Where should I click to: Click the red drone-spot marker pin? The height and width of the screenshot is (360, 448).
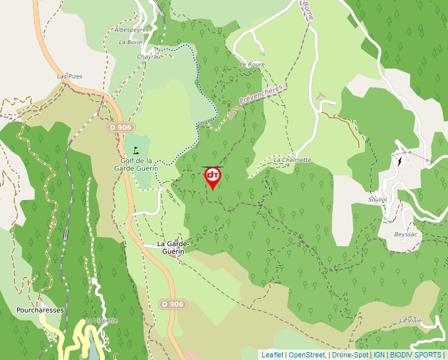point(213,176)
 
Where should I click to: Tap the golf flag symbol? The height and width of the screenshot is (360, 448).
point(136,150)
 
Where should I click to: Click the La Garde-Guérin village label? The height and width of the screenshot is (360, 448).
point(173,247)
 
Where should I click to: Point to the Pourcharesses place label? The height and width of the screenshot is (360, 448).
point(40,309)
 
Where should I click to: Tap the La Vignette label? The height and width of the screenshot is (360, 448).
point(101,321)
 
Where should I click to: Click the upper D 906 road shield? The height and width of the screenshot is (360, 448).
point(121,126)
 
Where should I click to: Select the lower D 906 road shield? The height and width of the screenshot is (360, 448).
point(172,303)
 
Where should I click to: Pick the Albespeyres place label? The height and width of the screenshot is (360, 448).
point(132,30)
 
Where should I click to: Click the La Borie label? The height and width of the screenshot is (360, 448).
point(130,42)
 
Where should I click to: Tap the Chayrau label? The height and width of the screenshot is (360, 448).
point(149,57)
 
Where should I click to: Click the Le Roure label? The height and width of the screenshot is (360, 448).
point(252,64)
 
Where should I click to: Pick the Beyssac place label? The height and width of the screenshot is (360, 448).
point(406,234)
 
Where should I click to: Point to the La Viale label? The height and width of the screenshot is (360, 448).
point(410,320)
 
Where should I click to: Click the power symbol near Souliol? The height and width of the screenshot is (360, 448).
point(399,161)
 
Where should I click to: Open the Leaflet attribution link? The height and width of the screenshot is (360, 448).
point(272,355)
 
